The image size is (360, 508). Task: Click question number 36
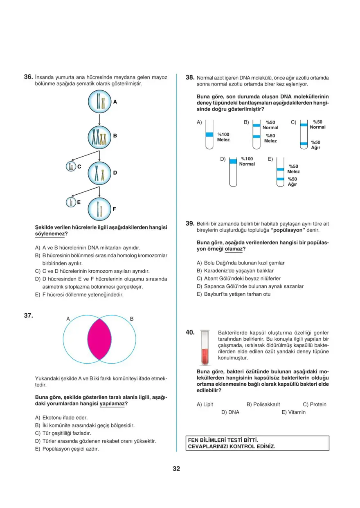coord(28,77)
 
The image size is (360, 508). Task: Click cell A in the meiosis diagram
coord(99,102)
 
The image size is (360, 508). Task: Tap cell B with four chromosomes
coord(99,137)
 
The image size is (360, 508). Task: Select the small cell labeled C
coord(71,166)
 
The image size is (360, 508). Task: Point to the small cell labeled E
coord(71,202)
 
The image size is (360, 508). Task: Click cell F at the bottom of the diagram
coord(99,209)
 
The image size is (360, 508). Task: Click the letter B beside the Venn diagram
coord(132,318)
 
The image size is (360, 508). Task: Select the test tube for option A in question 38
coord(209,135)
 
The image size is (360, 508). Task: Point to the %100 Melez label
coord(223,137)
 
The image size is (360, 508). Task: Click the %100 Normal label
coord(247,161)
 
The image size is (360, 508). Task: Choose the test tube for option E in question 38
coord(280,172)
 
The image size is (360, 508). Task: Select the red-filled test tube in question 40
coord(204,348)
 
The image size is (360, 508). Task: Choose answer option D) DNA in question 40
coord(230,412)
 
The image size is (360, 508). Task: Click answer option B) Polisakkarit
coord(263,405)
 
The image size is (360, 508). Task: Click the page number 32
coord(176,469)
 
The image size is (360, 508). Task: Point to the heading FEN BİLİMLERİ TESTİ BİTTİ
coord(223,440)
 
